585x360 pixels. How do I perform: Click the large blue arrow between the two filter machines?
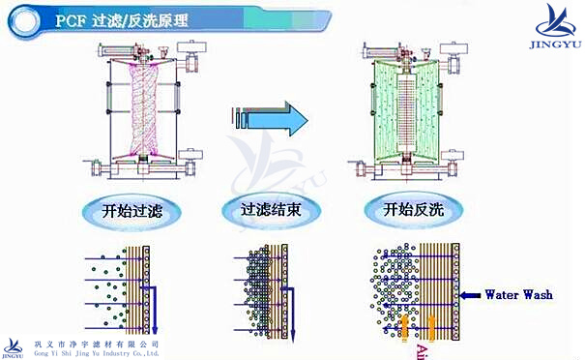(x=276, y=119)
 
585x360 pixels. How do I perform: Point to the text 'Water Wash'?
(x=518, y=294)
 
